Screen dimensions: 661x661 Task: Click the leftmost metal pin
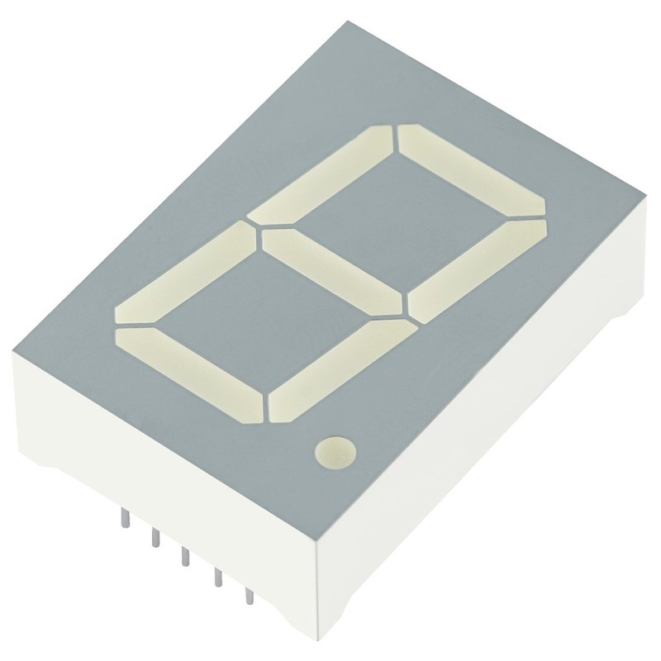123,516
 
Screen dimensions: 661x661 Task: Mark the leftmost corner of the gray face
15,354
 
